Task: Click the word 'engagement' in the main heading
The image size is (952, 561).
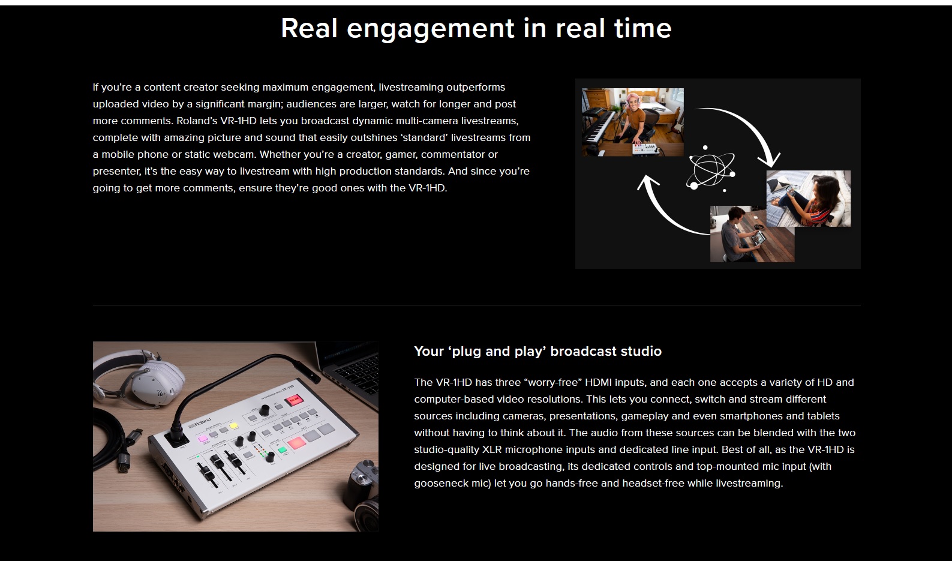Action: (x=430, y=29)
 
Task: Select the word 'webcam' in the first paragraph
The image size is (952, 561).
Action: (x=234, y=154)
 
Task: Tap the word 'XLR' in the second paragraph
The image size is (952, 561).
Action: (x=492, y=449)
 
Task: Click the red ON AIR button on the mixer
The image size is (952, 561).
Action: (x=294, y=400)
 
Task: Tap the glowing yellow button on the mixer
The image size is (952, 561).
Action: (x=234, y=425)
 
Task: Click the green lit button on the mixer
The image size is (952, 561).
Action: (x=282, y=449)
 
